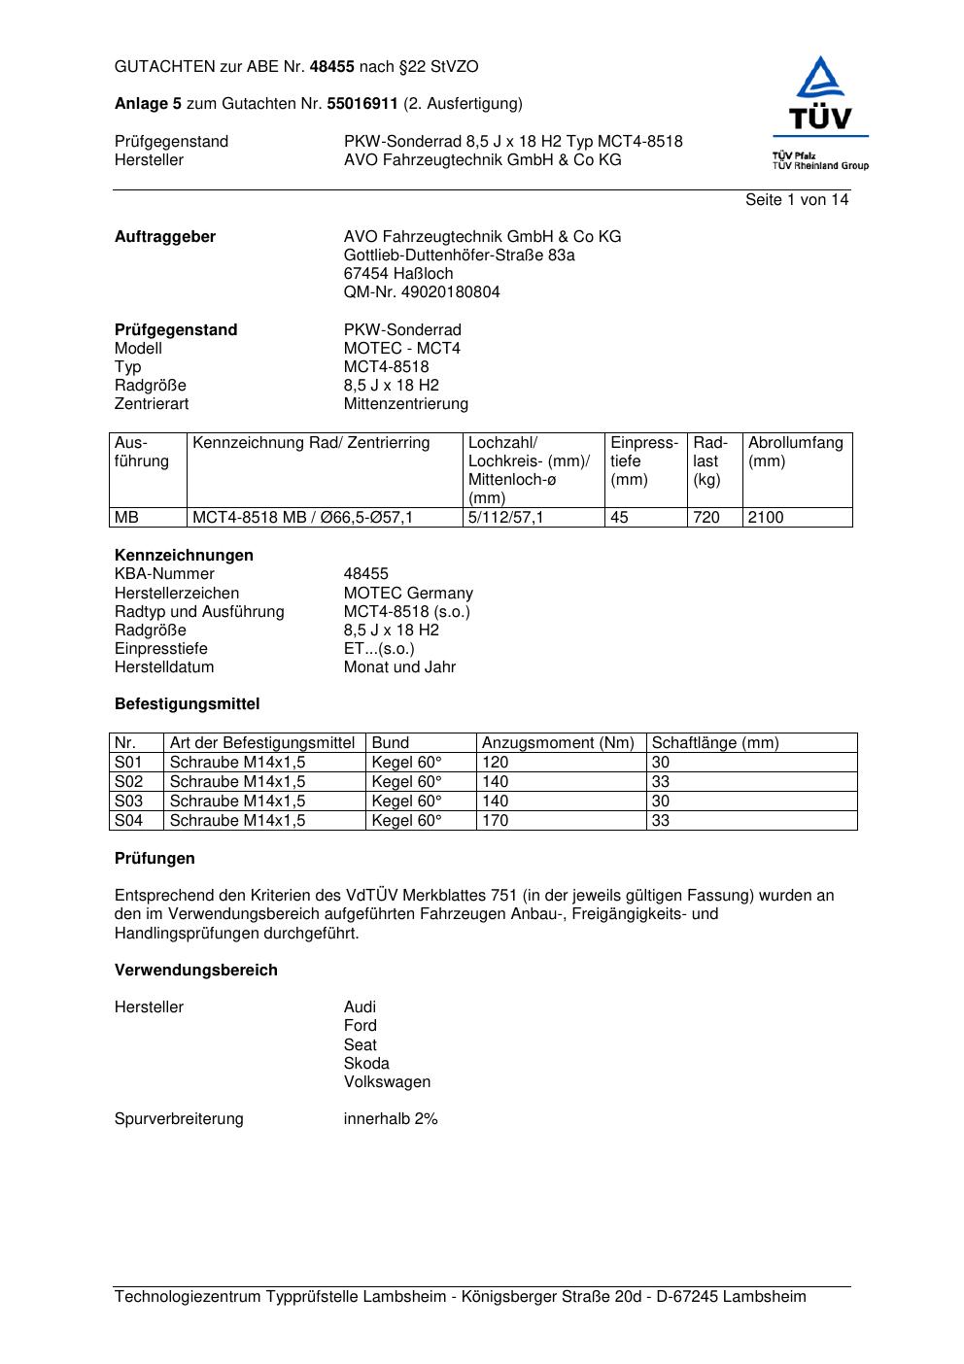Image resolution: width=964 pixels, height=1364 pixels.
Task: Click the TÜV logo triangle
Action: (821, 79)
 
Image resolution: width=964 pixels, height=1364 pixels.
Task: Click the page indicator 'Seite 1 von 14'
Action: (796, 200)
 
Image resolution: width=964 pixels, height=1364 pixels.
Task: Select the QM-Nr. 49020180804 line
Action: (422, 292)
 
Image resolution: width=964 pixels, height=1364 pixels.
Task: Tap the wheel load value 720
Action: (706, 518)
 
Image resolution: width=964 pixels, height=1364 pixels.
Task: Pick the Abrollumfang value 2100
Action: (766, 518)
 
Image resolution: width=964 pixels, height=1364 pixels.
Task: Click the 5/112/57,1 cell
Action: (505, 518)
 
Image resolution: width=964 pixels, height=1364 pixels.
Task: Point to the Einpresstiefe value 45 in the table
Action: (619, 518)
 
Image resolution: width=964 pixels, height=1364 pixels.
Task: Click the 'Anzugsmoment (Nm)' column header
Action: (558, 743)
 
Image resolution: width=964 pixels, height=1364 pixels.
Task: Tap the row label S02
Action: (128, 782)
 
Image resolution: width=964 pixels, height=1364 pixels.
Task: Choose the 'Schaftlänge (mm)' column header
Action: (715, 743)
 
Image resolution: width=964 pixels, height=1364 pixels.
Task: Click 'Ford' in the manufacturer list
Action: (361, 1026)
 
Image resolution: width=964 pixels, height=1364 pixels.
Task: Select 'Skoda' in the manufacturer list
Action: (366, 1064)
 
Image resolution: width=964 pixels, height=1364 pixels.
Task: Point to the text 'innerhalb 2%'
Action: (391, 1119)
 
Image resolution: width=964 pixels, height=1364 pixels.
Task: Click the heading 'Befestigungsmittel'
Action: (188, 704)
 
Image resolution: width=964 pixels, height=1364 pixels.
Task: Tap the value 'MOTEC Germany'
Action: (408, 594)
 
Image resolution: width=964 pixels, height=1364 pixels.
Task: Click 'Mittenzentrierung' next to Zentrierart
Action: (406, 404)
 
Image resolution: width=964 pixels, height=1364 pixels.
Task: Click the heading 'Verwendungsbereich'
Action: (196, 971)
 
